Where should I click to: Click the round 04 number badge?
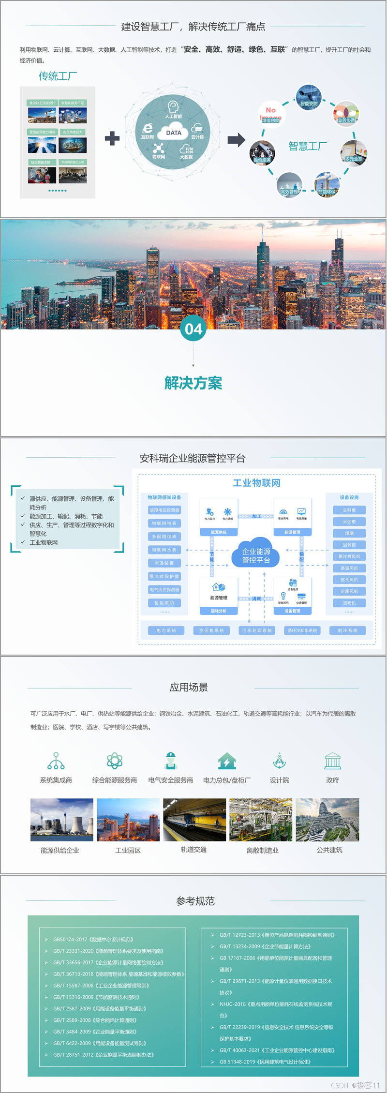(x=193, y=329)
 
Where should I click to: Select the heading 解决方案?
(x=193, y=383)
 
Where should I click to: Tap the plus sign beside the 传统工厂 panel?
(x=112, y=138)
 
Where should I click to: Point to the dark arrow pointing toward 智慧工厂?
(x=237, y=140)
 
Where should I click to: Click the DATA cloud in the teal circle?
(x=174, y=133)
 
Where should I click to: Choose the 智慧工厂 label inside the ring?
(x=308, y=146)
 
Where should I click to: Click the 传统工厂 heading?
(x=58, y=76)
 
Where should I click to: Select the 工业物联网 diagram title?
(x=256, y=483)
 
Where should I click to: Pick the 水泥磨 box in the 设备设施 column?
(x=349, y=522)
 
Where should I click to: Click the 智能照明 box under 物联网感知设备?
(x=164, y=603)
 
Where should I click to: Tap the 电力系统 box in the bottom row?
(x=166, y=630)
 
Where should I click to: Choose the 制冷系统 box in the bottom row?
(x=348, y=630)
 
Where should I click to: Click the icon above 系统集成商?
(x=56, y=761)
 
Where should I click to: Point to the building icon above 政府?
(x=332, y=761)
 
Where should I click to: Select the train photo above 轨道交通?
(x=194, y=820)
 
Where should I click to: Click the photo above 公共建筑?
(x=327, y=820)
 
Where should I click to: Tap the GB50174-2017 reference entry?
(x=93, y=939)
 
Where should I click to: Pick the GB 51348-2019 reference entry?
(x=265, y=1062)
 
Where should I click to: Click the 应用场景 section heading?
(x=189, y=687)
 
